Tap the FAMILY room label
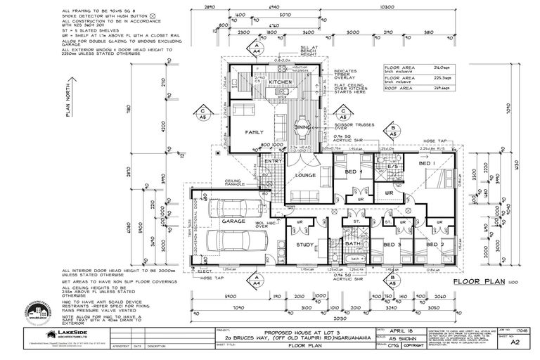tap(254, 131)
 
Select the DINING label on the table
tap(303, 127)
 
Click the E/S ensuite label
tap(392, 166)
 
